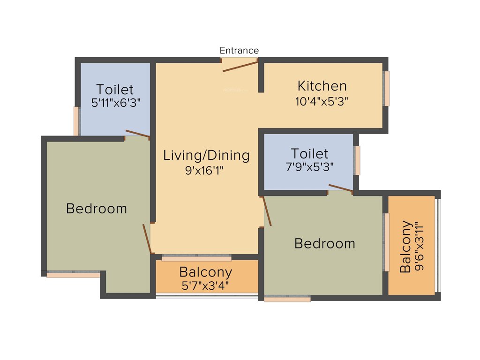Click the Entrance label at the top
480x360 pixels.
[239, 51]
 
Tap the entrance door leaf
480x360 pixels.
[240, 66]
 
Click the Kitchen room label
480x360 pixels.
[322, 86]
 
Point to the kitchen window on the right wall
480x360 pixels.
[387, 89]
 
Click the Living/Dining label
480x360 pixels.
[206, 155]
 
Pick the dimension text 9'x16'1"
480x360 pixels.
[204, 171]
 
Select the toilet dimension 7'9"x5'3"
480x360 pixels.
[310, 166]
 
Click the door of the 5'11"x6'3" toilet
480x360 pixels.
[137, 134]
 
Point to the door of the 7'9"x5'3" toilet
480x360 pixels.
[341, 188]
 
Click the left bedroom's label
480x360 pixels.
[97, 209]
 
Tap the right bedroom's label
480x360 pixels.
[324, 244]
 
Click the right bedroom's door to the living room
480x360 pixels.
[267, 211]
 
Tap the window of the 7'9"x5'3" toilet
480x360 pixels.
[358, 161]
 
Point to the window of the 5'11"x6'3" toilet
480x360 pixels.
[76, 121]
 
